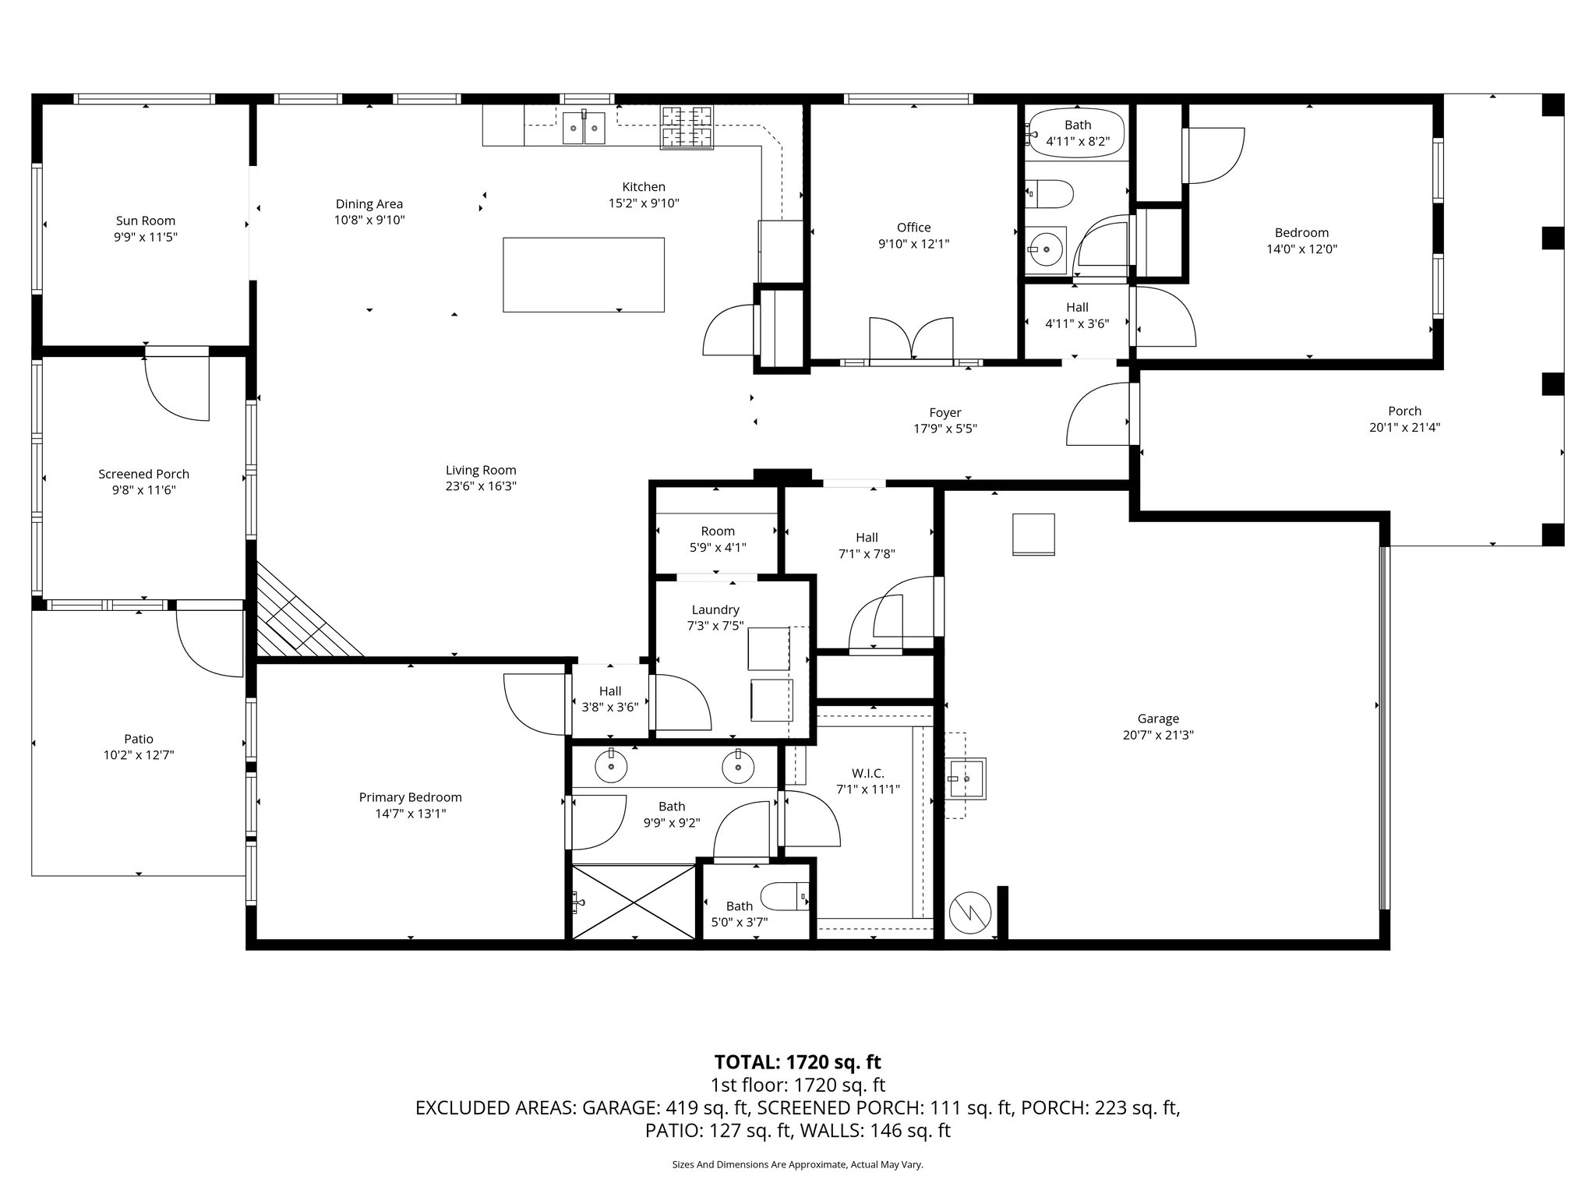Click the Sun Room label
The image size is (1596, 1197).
146,221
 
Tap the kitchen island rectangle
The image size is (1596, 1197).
583,274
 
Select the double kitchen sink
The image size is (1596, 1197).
584,127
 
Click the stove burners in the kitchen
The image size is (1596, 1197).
687,127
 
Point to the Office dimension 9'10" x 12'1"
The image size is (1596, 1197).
913,244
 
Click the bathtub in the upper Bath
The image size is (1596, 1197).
1077,133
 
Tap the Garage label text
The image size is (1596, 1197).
1157,719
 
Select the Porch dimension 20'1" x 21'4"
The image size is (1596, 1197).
1404,427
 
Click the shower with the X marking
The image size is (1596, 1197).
634,902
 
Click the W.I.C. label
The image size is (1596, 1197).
867,772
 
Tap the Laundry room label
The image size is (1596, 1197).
715,609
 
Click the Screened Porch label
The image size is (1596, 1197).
143,474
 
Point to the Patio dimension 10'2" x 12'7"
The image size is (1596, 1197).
139,754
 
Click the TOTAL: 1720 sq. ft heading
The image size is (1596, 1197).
797,1061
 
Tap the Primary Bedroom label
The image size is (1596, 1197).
410,797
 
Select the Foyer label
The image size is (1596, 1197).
945,412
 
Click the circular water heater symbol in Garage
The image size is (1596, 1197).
970,911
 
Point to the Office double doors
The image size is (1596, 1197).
911,339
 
